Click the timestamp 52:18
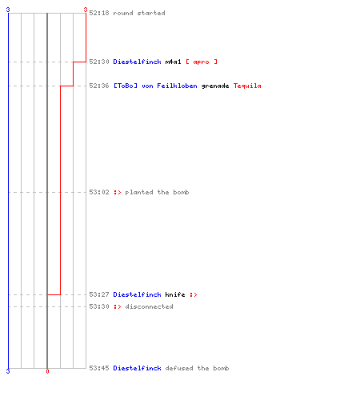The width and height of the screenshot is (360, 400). [99, 13]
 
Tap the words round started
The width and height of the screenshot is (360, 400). [139, 13]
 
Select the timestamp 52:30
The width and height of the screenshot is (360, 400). [99, 62]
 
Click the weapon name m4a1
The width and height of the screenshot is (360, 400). [173, 62]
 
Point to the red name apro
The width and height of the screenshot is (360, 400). [201, 62]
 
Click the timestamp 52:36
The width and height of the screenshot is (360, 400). [99, 86]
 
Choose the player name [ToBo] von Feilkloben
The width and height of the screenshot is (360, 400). [155, 86]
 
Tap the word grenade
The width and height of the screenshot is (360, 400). [215, 86]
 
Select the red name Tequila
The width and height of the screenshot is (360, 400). [247, 86]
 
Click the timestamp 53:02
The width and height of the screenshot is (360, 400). [99, 192]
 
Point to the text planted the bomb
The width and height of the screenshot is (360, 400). [157, 192]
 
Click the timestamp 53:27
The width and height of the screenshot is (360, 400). [99, 294]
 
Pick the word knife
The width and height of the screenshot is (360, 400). [175, 294]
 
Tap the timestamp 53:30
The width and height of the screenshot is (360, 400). [99, 306]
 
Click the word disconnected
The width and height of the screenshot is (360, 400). [149, 306]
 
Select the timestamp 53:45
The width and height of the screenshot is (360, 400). [99, 368]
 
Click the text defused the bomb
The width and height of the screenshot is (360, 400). [197, 368]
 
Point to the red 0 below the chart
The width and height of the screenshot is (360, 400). [47, 371]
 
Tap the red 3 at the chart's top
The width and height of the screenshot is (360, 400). [86, 10]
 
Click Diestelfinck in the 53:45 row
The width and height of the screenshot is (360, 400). [137, 368]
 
